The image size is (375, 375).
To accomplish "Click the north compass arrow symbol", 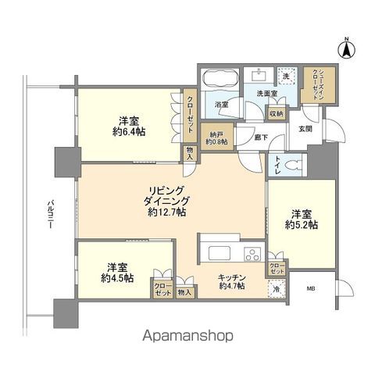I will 345,48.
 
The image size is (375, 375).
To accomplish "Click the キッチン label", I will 233,281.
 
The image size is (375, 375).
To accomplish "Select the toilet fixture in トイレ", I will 291,165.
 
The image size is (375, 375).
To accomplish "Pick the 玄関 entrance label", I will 304,129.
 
